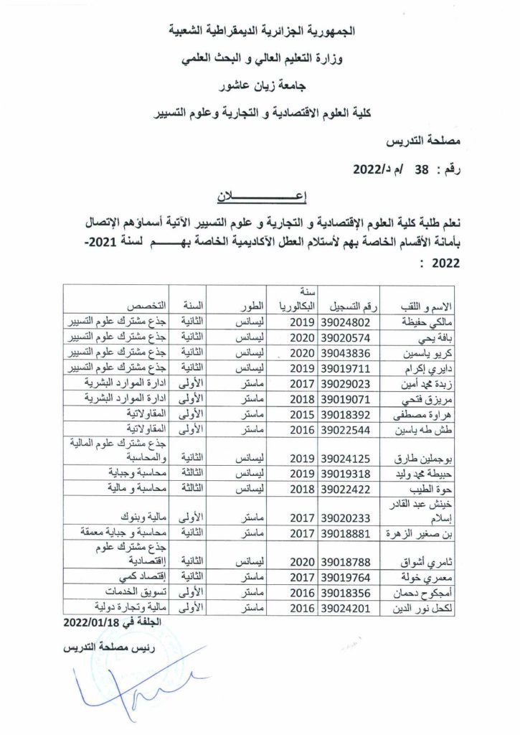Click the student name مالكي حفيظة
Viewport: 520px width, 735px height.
[415, 322]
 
